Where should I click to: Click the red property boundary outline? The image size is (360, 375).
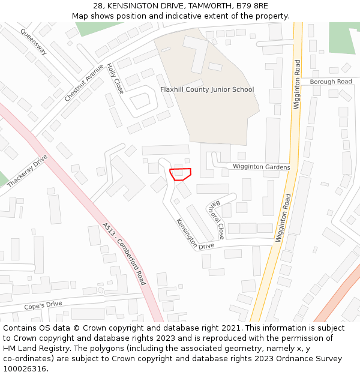pos(180,174)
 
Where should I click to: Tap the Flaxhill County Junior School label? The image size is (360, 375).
pos(207,89)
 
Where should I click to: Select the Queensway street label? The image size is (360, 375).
pos(33,41)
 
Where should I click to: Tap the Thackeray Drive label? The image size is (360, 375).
pos(27,171)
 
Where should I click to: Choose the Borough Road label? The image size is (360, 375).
pos(331,82)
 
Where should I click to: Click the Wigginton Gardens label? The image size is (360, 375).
pos(261,167)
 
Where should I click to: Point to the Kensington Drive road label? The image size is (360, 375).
pos(195,233)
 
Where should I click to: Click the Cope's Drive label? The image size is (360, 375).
pos(43,305)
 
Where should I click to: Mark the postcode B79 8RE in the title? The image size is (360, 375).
pos(251,5)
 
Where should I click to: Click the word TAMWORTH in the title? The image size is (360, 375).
pos(202,5)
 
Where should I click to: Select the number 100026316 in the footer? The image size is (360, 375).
pos(25,368)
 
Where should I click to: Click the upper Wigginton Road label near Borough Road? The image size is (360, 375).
pos(296,84)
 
